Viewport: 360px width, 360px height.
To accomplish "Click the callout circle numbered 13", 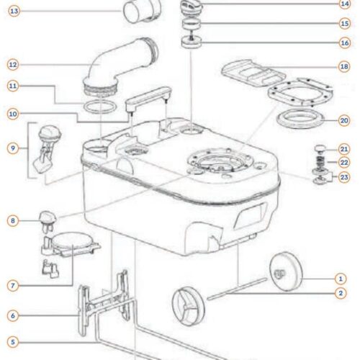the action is click(14, 11).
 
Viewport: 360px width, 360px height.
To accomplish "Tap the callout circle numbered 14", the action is click(345, 4).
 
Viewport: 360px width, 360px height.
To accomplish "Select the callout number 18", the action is click(344, 66).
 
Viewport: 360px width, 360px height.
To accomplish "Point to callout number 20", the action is click(344, 120).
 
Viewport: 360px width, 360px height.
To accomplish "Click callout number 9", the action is click(13, 148).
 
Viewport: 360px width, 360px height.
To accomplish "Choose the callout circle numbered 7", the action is click(13, 286).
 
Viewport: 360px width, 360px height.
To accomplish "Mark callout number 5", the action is click(13, 342).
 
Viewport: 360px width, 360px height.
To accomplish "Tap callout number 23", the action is click(344, 177).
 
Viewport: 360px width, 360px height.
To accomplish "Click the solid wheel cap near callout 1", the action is click(286, 271).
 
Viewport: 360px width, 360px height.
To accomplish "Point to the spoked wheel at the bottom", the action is click(189, 307).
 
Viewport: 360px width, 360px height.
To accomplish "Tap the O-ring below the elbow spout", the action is click(100, 107).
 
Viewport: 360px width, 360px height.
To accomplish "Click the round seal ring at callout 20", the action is click(300, 119).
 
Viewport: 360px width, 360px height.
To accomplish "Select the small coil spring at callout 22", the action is click(320, 161).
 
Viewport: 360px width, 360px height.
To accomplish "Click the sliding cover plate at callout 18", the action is click(253, 73).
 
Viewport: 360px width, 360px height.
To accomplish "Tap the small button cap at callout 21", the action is click(320, 148).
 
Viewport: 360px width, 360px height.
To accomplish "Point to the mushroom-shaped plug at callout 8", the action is click(48, 221).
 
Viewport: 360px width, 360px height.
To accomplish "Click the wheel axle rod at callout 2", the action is click(237, 289).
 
